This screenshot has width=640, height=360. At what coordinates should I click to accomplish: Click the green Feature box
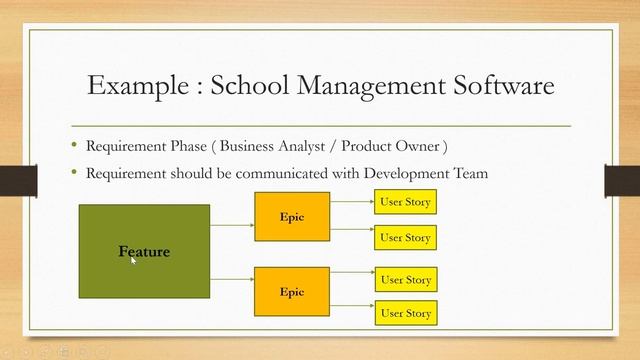click(x=144, y=251)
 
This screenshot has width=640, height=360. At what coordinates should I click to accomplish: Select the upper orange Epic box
click(x=292, y=218)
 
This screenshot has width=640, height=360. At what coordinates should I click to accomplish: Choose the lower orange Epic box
click(x=292, y=292)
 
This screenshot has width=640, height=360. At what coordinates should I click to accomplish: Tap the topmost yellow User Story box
click(x=405, y=202)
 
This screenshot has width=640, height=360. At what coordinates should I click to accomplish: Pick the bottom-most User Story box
click(x=405, y=313)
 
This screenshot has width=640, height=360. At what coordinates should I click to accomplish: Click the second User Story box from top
click(x=405, y=238)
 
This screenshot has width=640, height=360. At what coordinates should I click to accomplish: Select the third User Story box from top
click(x=405, y=279)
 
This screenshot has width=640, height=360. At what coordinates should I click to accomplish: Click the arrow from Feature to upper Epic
click(x=232, y=225)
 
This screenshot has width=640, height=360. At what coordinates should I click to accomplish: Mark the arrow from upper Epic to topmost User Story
click(x=351, y=202)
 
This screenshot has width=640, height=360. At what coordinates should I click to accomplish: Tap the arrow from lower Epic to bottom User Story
click(x=351, y=313)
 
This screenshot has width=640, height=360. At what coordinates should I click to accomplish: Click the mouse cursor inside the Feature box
click(x=133, y=260)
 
